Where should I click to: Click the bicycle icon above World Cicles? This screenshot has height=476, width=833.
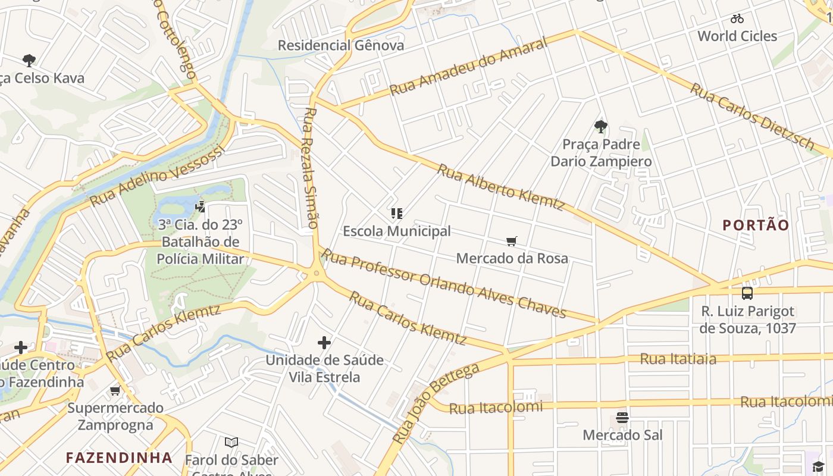(737, 18)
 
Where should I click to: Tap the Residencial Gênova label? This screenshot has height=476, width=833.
(340, 45)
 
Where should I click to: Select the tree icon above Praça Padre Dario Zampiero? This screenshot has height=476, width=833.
(600, 126)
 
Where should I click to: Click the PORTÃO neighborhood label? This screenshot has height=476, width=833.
(756, 225)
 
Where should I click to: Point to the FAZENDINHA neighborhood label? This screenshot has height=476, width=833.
(119, 458)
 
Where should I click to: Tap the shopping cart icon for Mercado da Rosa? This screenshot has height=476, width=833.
(512, 241)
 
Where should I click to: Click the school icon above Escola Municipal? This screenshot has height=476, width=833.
(397, 214)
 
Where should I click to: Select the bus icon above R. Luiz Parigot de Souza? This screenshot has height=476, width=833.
(747, 293)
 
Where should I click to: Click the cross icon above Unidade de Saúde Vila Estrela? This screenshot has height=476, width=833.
(324, 342)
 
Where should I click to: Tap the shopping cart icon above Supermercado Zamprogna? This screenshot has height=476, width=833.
(115, 390)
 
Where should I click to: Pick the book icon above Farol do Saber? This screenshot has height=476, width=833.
(231, 443)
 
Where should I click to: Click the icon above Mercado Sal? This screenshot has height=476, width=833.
(622, 418)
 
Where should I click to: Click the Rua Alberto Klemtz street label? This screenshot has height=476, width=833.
(500, 187)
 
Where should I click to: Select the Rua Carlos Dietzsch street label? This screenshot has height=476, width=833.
(752, 117)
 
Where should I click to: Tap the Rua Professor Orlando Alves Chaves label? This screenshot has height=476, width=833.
(443, 283)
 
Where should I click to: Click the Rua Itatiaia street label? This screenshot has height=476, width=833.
(678, 359)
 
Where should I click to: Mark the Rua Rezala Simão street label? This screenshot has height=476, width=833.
(310, 168)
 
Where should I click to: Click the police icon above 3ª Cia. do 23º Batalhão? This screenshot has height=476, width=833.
(201, 206)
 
